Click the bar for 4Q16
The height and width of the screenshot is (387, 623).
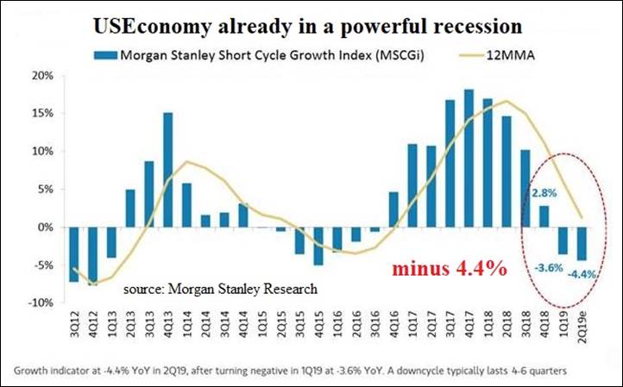click(x=393, y=209)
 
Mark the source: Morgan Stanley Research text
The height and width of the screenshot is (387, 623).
click(x=219, y=288)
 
